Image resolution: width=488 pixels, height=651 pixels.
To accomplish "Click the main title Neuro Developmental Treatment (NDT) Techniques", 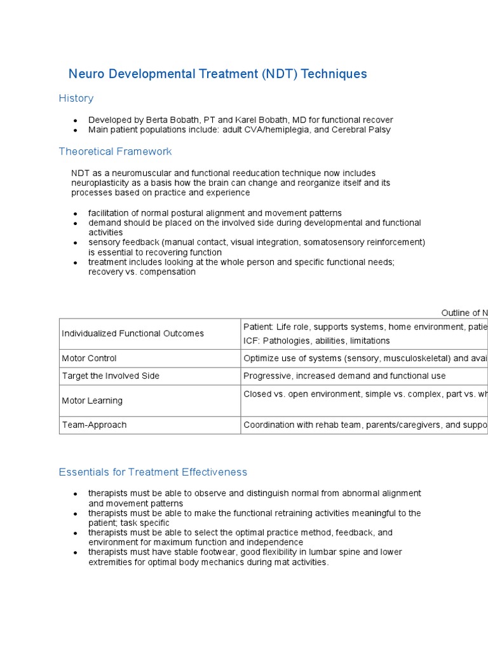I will click(217, 74).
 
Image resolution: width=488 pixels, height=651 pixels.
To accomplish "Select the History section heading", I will click(76, 98).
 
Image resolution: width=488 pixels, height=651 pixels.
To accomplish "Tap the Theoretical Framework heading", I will click(115, 151).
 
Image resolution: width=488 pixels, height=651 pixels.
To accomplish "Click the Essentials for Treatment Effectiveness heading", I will click(152, 472).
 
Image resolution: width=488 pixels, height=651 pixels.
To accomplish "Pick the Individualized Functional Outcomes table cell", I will click(133, 333).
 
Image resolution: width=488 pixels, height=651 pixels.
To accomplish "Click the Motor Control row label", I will click(89, 359).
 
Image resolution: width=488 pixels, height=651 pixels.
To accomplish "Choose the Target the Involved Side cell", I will click(111, 376).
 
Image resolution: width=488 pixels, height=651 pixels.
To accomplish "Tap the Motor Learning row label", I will click(92, 401).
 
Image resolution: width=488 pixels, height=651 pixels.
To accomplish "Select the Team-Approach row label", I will click(94, 425).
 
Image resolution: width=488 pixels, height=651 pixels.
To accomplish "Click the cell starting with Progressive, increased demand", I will click(344, 376).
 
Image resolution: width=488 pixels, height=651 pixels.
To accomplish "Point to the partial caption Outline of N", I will click(464, 313).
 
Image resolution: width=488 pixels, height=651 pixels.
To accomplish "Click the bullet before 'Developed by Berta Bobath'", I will click(75, 120).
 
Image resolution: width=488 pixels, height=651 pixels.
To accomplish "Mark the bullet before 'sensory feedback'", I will click(75, 243).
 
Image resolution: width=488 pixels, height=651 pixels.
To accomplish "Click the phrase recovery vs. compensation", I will click(142, 271).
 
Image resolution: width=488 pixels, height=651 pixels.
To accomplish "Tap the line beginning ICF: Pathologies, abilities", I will click(316, 341).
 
